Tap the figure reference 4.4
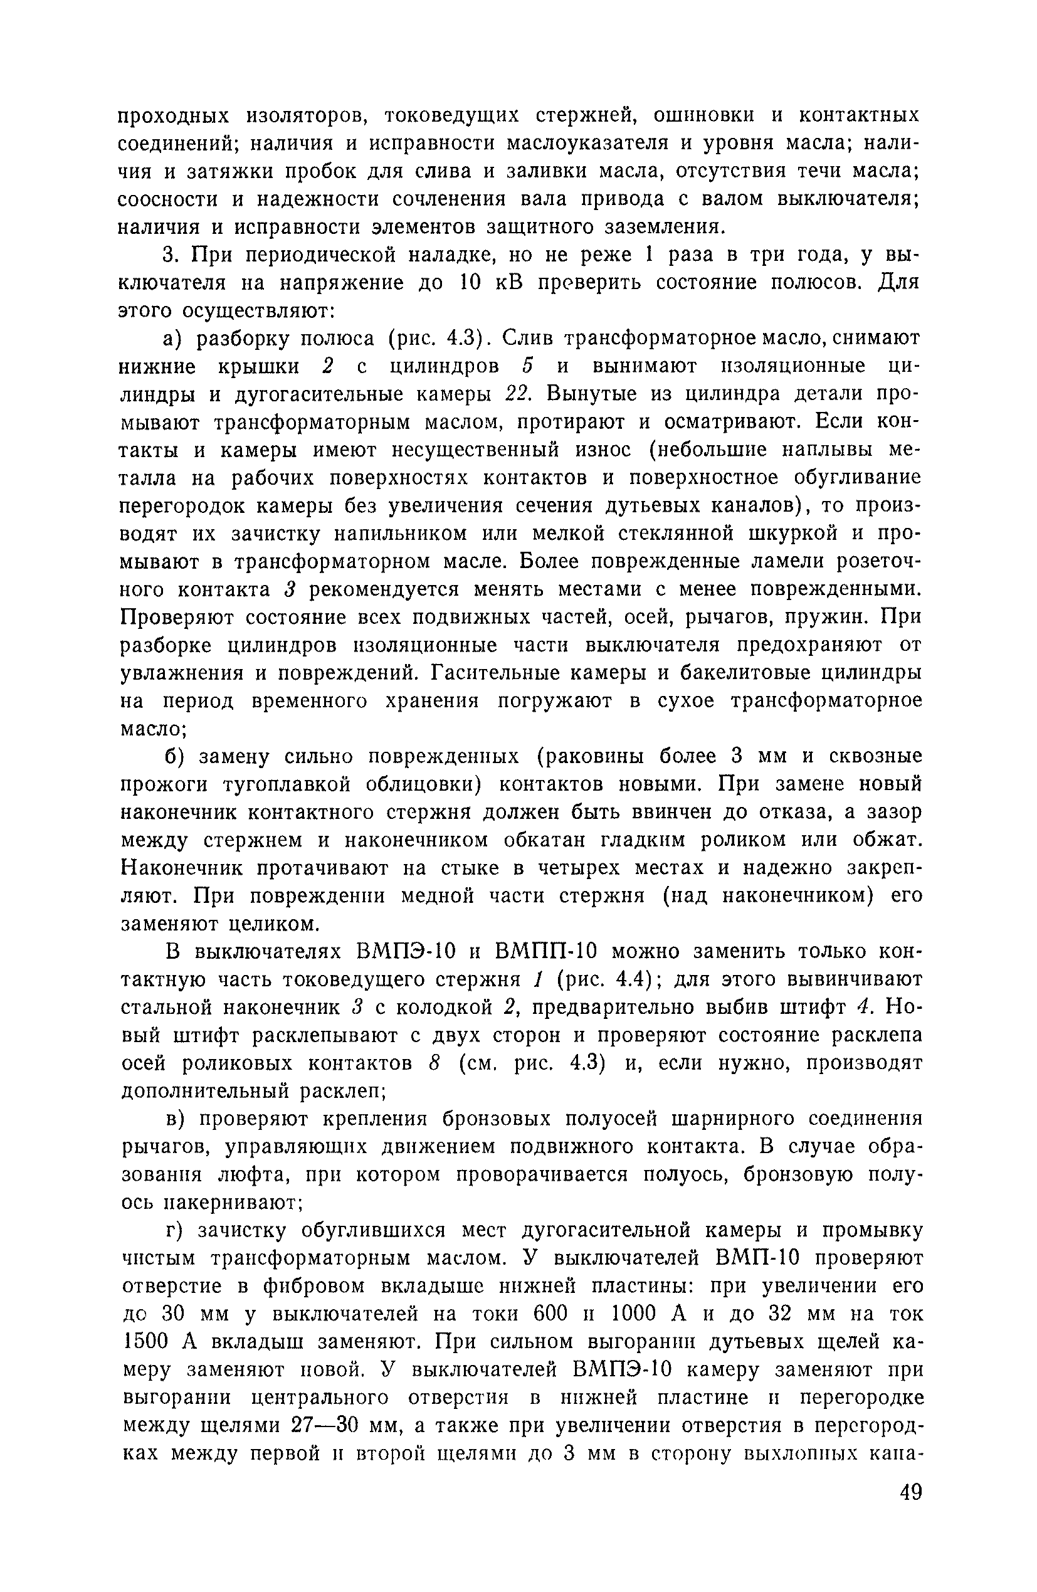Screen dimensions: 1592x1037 [x=623, y=979]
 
